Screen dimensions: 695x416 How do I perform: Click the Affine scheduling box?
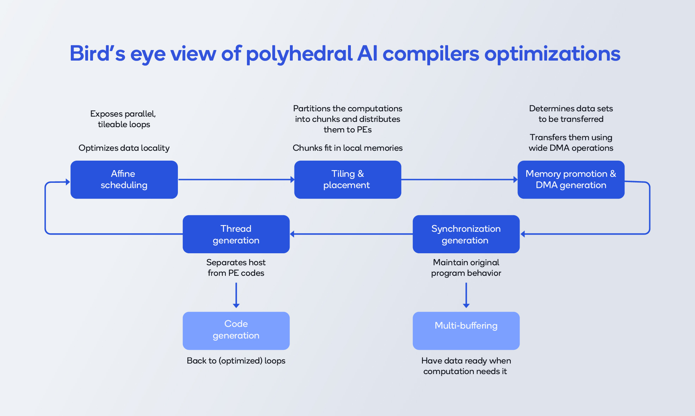(x=124, y=180)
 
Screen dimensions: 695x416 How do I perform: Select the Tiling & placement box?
(x=348, y=180)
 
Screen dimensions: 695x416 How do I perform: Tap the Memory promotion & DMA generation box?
(x=571, y=180)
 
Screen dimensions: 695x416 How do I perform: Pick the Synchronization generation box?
(x=466, y=234)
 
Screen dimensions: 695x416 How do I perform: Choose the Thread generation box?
(x=236, y=234)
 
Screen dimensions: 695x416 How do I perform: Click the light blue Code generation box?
(x=236, y=331)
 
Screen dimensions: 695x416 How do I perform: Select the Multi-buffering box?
(x=466, y=331)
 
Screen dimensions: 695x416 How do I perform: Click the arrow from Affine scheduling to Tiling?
(x=236, y=180)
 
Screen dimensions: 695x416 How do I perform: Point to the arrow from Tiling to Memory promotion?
(x=460, y=180)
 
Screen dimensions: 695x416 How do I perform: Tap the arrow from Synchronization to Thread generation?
(x=351, y=234)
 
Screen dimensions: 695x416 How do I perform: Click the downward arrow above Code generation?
(x=236, y=296)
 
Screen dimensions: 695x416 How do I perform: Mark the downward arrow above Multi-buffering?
(x=466, y=296)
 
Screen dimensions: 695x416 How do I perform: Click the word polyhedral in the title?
(x=299, y=54)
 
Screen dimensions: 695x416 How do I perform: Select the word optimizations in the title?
(x=552, y=54)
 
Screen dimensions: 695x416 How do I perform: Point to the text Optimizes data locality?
(x=124, y=148)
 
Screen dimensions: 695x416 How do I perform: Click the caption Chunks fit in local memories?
(x=348, y=148)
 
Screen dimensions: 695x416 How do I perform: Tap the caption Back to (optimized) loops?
(x=236, y=361)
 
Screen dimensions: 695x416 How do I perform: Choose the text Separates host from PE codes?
(x=236, y=268)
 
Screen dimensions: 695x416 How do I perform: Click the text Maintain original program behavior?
(x=466, y=268)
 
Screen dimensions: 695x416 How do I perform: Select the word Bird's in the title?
(x=97, y=54)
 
